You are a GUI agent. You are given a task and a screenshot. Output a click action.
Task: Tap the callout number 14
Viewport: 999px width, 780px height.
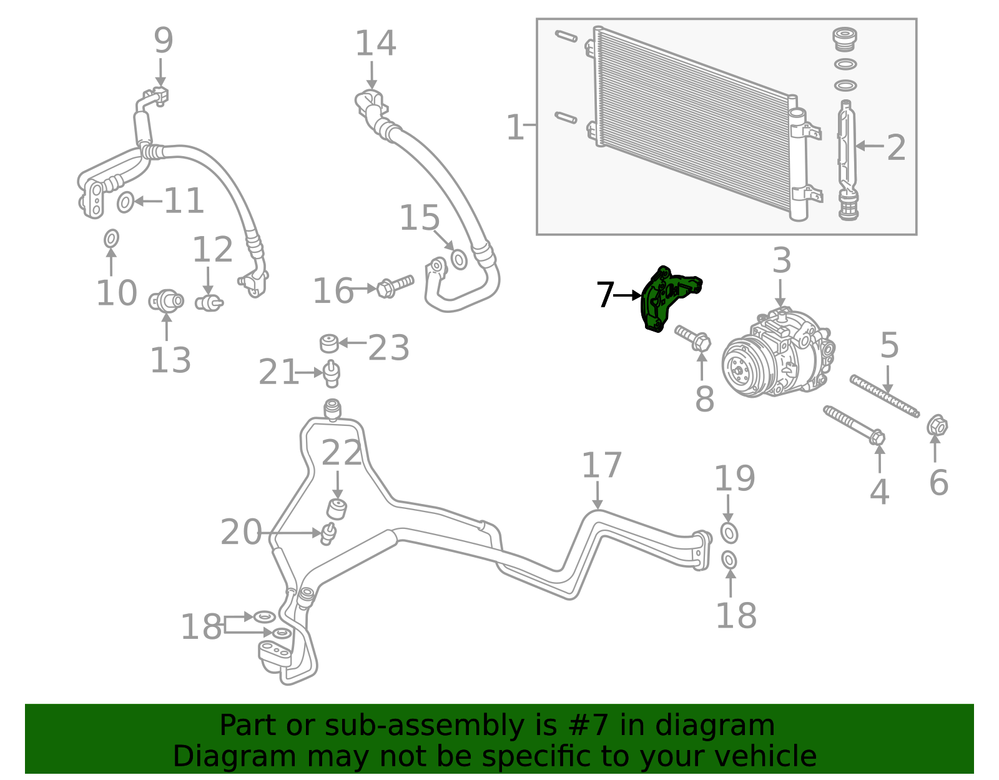tap(375, 44)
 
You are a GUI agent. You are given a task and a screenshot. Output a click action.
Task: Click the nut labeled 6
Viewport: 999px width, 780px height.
tap(937, 427)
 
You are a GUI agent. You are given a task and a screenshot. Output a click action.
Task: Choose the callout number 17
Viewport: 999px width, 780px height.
tap(601, 465)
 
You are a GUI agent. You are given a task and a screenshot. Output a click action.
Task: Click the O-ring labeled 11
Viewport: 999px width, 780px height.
tap(125, 202)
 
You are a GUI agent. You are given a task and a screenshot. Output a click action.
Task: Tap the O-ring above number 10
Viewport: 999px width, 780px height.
tap(111, 238)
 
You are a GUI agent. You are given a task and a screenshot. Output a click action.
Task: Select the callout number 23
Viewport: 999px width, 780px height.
tap(388, 348)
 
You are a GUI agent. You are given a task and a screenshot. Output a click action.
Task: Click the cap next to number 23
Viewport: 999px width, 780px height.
tap(328, 343)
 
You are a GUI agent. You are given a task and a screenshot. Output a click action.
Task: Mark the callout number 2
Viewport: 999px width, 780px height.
tap(896, 148)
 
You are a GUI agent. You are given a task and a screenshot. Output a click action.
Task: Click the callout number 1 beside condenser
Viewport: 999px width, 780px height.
tap(514, 127)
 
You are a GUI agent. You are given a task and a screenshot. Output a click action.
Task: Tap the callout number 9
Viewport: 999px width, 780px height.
tap(163, 41)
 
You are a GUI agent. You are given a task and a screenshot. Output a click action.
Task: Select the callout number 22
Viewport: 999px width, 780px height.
tap(342, 453)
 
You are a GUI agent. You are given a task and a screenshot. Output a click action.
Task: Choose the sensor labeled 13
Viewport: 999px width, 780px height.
tap(166, 302)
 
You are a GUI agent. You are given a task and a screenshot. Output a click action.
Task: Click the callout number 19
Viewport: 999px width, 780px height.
tap(734, 478)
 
